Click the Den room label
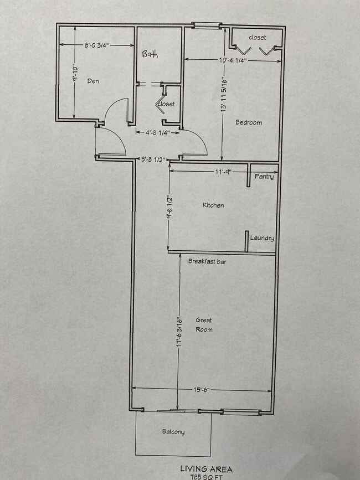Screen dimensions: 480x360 (93, 81)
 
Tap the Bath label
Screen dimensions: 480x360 (150, 54)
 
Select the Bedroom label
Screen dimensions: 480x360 (249, 122)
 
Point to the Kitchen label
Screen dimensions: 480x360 (213, 205)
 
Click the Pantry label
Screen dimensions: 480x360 (264, 177)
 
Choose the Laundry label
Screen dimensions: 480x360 (262, 238)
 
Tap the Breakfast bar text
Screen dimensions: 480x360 (209, 261)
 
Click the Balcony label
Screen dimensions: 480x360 (173, 432)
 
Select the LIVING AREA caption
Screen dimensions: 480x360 (206, 469)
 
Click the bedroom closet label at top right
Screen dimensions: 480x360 (257, 38)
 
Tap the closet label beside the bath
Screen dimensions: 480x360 (166, 104)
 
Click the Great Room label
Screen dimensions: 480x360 (204, 325)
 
